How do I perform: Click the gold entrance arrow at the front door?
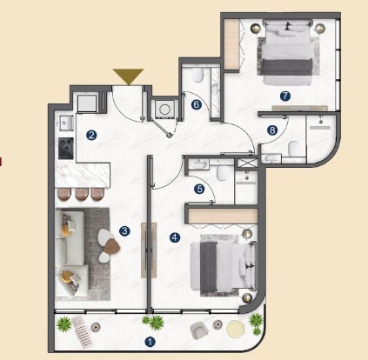click(128, 77)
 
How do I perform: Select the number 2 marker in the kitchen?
click(90, 135)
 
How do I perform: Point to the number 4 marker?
click(175, 236)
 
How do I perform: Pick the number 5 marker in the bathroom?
click(199, 189)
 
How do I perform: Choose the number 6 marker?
click(197, 105)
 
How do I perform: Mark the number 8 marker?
click(272, 130)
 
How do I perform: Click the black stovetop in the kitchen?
click(64, 148)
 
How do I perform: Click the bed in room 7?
click(290, 52)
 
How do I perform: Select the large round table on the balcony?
click(236, 330)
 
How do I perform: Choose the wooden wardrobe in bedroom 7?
click(233, 43)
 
